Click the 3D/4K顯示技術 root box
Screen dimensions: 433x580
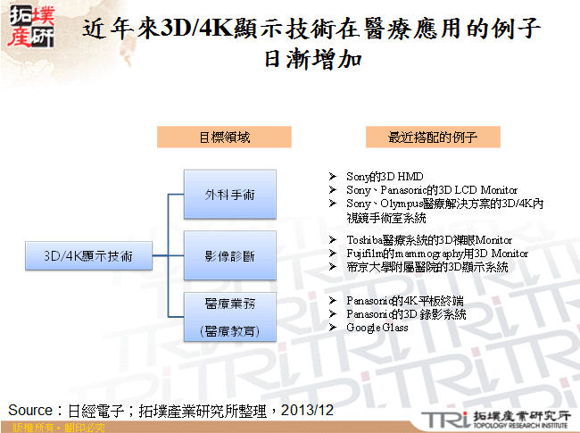[x=88, y=256]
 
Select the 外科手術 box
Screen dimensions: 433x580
[x=229, y=194]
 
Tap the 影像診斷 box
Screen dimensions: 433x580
[x=229, y=256]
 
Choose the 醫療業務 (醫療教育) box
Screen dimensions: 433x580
[x=229, y=316]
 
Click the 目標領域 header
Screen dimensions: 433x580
[x=224, y=137]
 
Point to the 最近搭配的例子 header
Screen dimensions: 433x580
[x=432, y=137]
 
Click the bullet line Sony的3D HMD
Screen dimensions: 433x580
[x=385, y=178]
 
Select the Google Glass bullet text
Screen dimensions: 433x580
[x=377, y=328]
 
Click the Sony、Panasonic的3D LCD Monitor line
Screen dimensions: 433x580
[x=432, y=190]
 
